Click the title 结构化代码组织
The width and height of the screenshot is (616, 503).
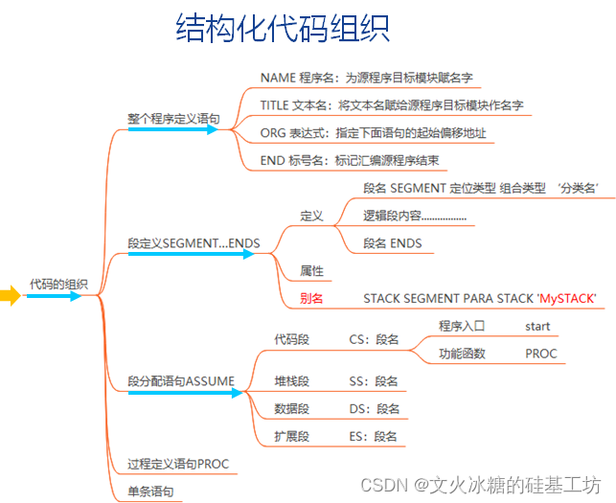tap(283, 29)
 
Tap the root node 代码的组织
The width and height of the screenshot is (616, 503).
tap(58, 284)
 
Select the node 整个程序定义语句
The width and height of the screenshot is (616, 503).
tap(173, 119)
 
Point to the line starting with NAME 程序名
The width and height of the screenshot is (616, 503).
tap(367, 78)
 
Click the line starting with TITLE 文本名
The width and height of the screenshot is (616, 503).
tap(391, 104)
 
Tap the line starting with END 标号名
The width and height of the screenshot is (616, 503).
tap(349, 160)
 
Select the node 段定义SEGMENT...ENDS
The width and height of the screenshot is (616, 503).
tap(194, 243)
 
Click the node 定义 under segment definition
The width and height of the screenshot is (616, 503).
tap(311, 217)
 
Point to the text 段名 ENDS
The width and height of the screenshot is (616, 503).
tap(392, 243)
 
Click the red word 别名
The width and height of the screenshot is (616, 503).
tap(311, 299)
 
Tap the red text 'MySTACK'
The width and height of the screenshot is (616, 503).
tap(566, 299)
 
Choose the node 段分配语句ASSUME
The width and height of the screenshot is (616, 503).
tap(181, 381)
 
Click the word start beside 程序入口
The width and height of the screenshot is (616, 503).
tap(537, 327)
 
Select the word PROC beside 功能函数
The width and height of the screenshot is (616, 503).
tap(540, 354)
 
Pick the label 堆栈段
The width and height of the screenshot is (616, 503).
tap(291, 381)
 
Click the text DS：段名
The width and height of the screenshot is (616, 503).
tap(374, 409)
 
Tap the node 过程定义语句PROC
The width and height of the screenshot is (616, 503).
tap(178, 465)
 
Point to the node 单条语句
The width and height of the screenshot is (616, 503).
tap(151, 492)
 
